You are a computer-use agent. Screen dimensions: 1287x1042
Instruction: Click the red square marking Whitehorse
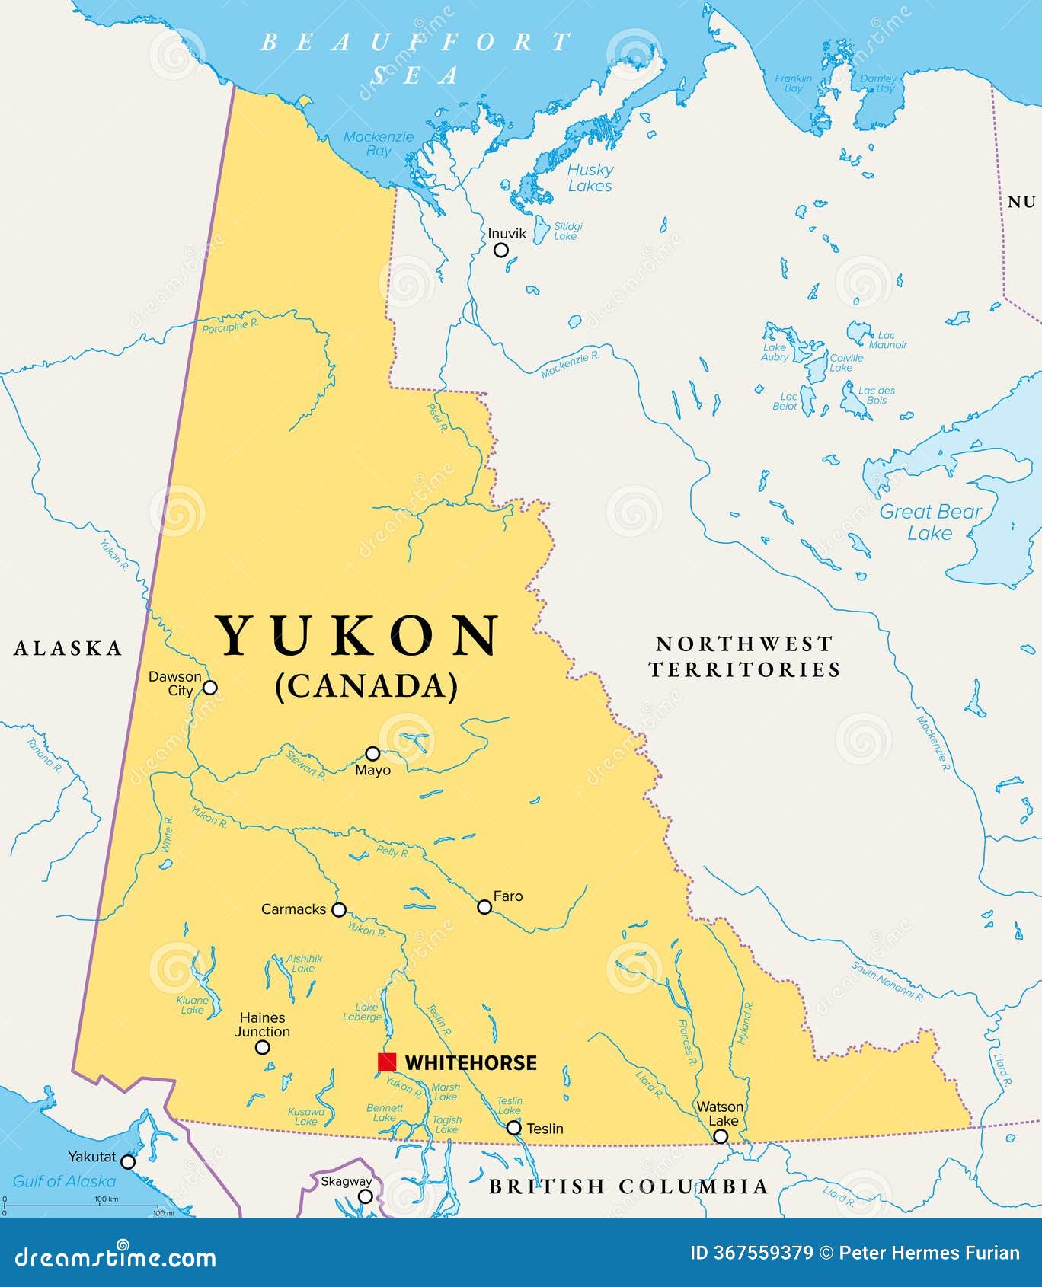(x=387, y=1062)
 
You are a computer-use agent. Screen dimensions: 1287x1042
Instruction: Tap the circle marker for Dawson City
(x=209, y=688)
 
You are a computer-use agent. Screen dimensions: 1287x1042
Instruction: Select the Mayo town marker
(x=372, y=753)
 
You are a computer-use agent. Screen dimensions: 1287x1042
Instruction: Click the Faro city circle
(x=484, y=906)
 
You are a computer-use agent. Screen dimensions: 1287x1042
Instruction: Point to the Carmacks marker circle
(x=339, y=909)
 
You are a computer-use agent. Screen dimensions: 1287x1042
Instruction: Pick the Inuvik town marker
(x=500, y=250)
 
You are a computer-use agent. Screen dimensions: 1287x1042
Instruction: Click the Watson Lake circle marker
(x=720, y=1136)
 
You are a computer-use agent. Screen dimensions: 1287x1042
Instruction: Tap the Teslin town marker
(x=514, y=1127)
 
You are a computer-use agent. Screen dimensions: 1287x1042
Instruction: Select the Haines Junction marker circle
(x=262, y=1047)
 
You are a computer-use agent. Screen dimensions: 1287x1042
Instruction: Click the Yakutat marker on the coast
(x=128, y=1161)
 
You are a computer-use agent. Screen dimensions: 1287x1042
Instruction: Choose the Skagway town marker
(x=366, y=1196)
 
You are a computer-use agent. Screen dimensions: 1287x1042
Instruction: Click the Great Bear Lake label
(x=930, y=522)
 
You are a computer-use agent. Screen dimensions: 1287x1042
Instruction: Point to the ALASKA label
(x=69, y=648)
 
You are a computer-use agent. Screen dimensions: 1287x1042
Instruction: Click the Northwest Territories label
(x=744, y=656)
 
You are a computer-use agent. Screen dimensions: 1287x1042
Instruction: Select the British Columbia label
(x=628, y=1186)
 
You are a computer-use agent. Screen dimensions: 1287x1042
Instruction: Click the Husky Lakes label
(x=590, y=177)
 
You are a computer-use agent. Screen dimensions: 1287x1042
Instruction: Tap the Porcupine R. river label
(x=230, y=327)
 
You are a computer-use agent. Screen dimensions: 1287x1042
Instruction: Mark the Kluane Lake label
(x=192, y=1005)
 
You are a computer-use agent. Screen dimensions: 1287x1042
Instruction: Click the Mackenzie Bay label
(x=378, y=143)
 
